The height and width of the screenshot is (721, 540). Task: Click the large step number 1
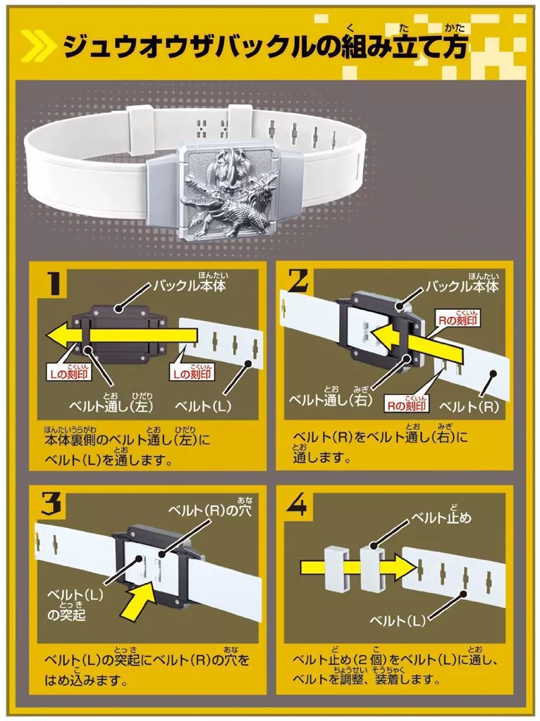click(54, 283)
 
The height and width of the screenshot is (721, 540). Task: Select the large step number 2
click(299, 280)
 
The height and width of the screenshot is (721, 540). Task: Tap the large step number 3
click(51, 505)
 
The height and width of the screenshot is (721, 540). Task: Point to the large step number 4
click(297, 506)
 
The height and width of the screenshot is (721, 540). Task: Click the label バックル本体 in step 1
click(190, 286)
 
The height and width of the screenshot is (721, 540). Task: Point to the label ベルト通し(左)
click(111, 406)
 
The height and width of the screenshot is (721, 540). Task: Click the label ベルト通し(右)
click(330, 400)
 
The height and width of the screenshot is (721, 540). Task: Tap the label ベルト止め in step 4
click(441, 518)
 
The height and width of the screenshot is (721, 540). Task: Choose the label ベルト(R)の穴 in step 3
click(210, 511)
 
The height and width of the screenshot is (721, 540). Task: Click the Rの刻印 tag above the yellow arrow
click(457, 320)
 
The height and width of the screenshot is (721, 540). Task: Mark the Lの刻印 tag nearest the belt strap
click(192, 374)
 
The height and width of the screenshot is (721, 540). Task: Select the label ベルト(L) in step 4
click(398, 621)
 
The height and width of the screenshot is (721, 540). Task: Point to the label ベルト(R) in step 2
click(469, 407)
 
